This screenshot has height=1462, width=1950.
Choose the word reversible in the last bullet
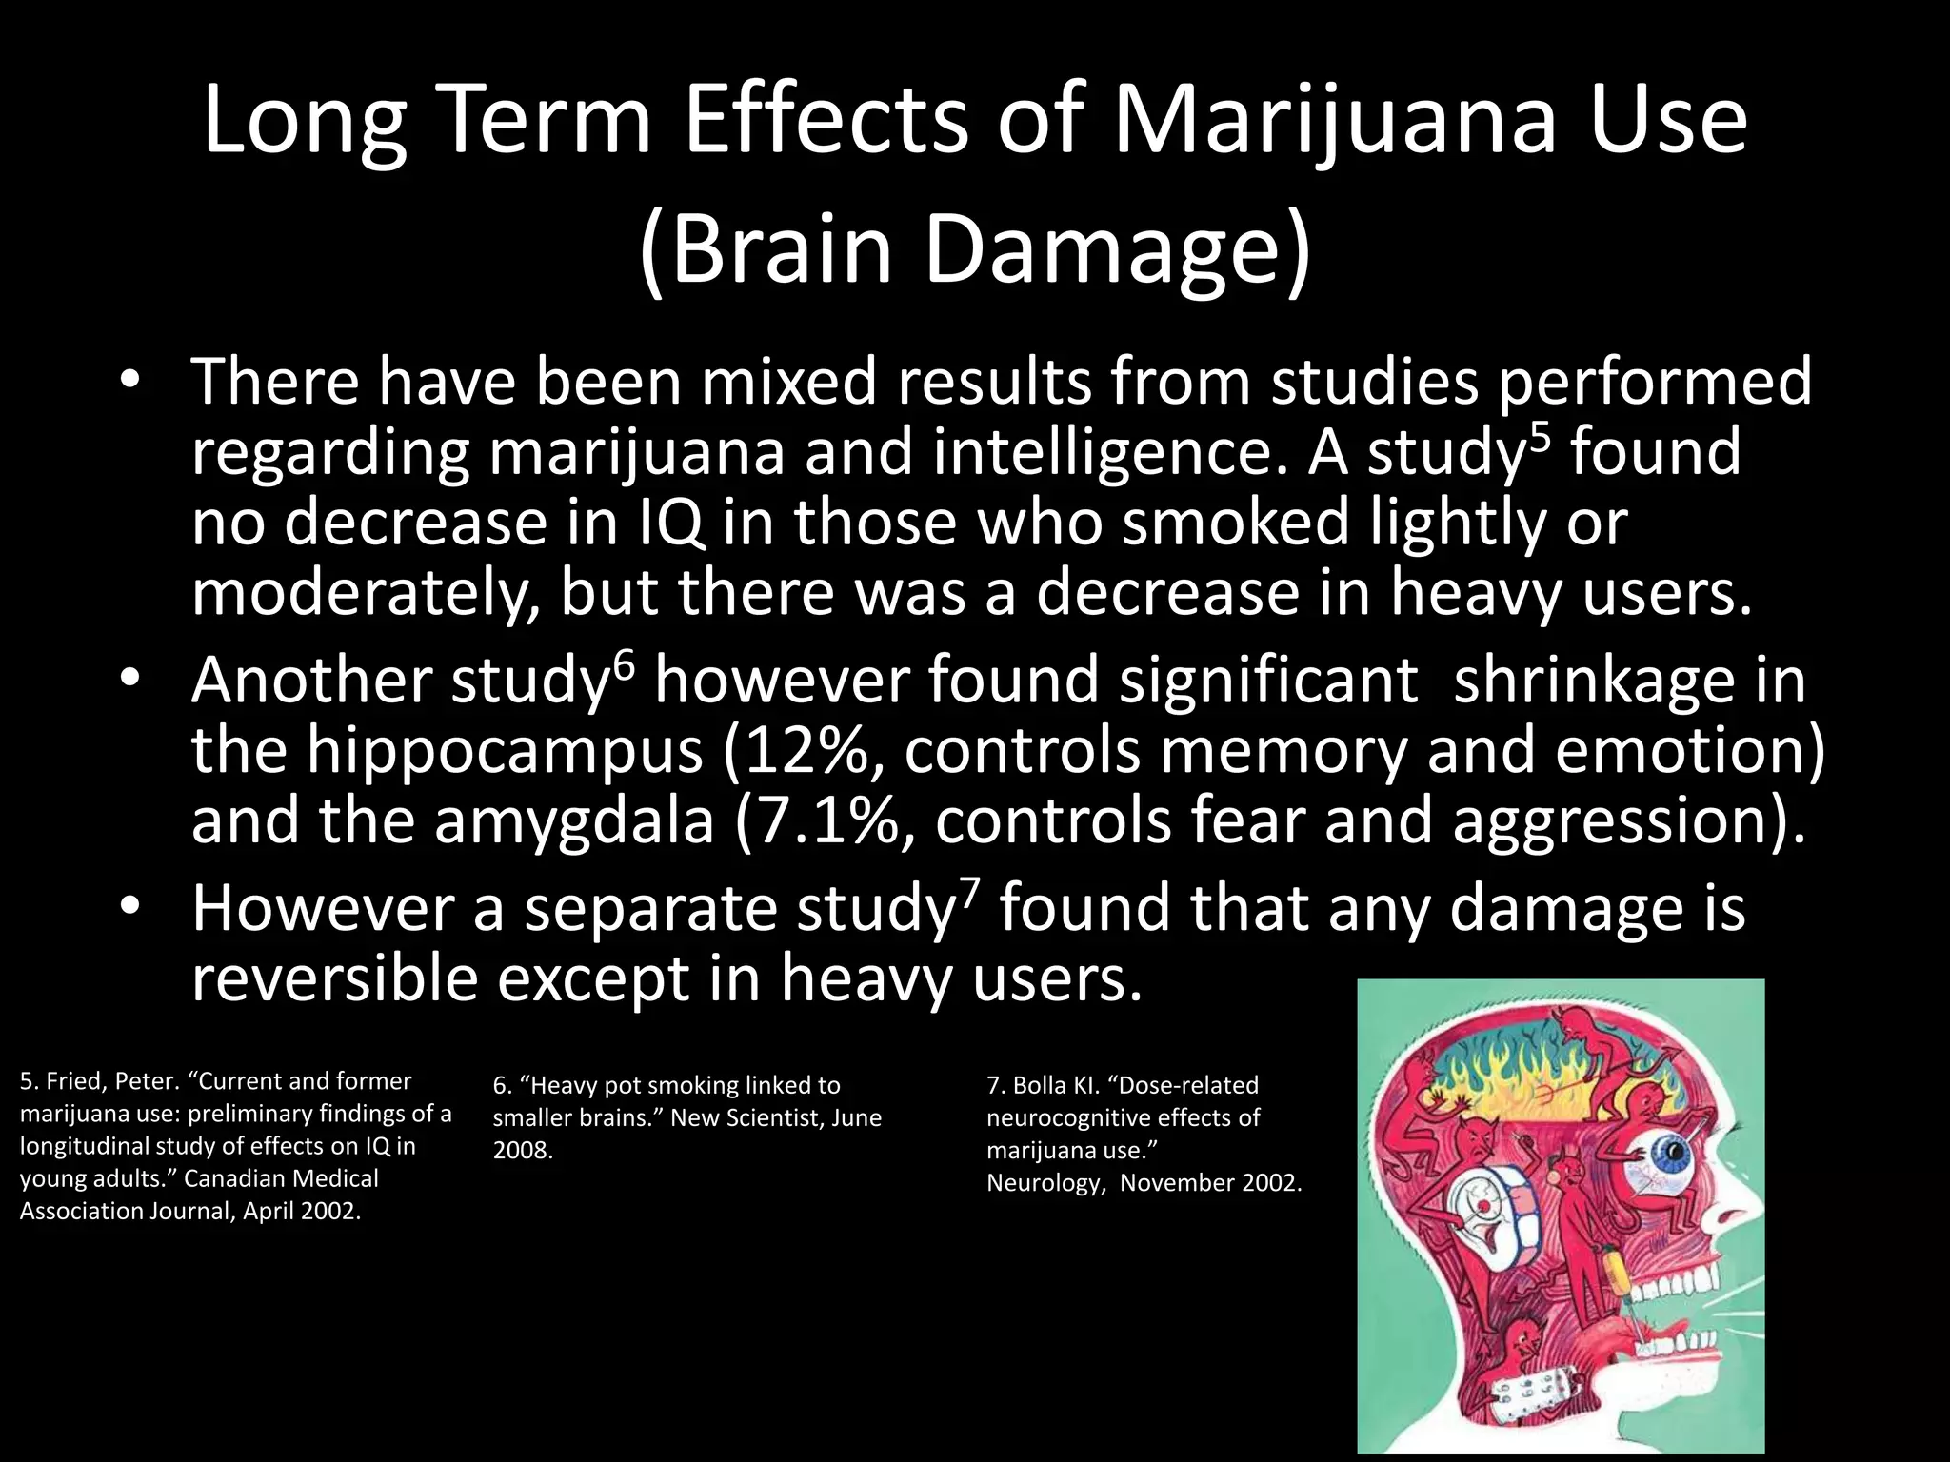click(333, 979)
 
